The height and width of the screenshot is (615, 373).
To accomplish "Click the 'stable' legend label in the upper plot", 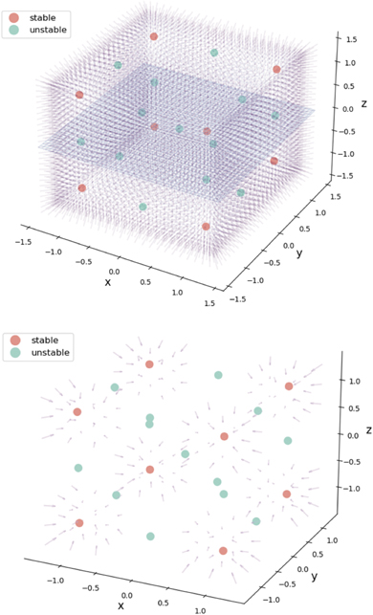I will (x=44, y=16).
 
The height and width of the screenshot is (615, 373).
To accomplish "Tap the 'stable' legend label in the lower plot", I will (x=44, y=339).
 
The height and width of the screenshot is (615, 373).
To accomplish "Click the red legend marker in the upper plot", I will (x=13, y=16).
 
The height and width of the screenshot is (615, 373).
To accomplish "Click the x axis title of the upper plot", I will (x=107, y=282).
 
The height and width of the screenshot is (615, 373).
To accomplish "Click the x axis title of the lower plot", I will (x=122, y=604).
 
